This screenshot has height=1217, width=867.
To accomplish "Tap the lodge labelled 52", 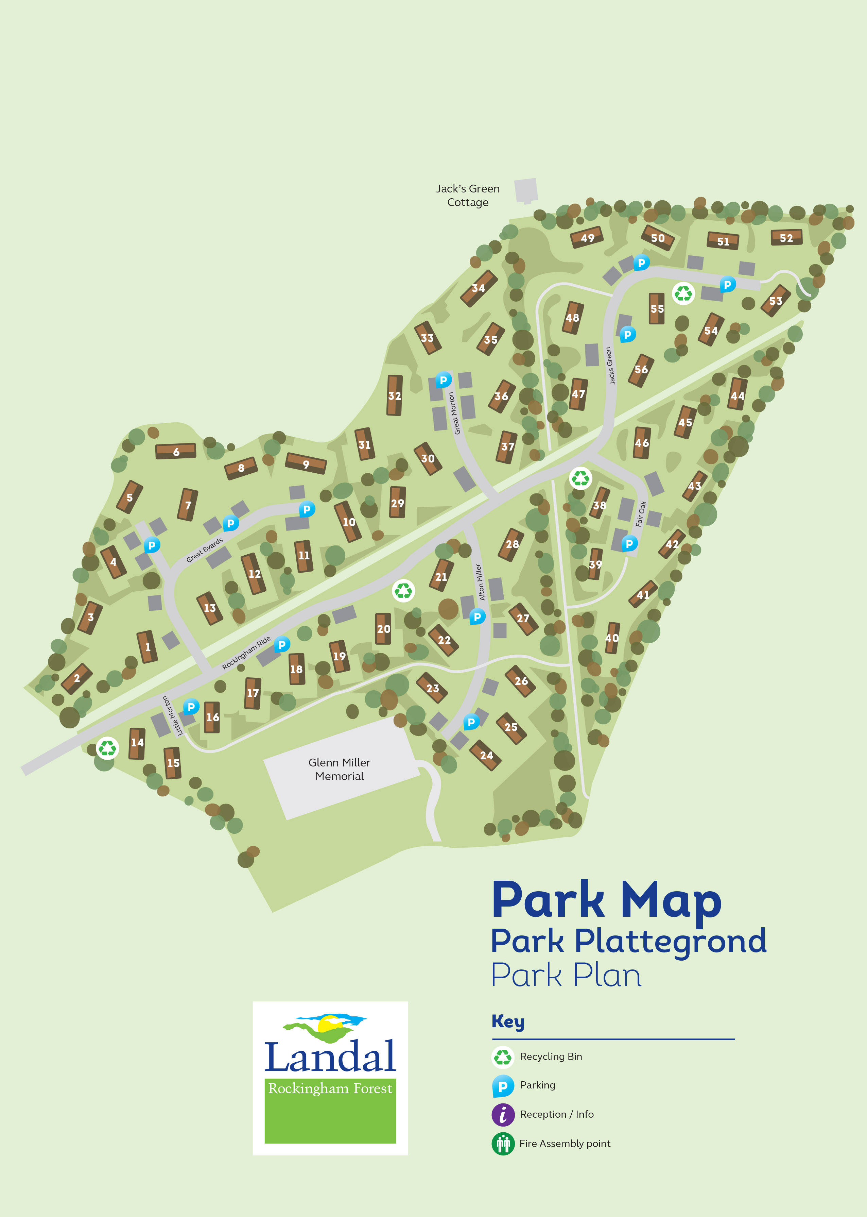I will coord(786,238).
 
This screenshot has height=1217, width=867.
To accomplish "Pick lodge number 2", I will coord(77,678).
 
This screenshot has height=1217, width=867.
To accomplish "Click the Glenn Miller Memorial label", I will coord(340,769).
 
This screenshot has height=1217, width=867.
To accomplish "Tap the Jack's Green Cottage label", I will coord(468,196).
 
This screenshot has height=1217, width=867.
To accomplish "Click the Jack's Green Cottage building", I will coord(526,190).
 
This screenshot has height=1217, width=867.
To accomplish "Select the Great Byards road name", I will coord(205,550).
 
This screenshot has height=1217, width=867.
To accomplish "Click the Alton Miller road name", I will coord(480,582).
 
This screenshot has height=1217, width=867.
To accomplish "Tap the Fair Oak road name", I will coord(641,514).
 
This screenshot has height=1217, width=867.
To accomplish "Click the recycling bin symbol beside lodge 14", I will coord(107,748).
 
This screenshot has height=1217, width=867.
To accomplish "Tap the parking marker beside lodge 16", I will coord(191,707).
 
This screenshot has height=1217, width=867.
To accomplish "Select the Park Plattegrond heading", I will coord(628,941).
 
